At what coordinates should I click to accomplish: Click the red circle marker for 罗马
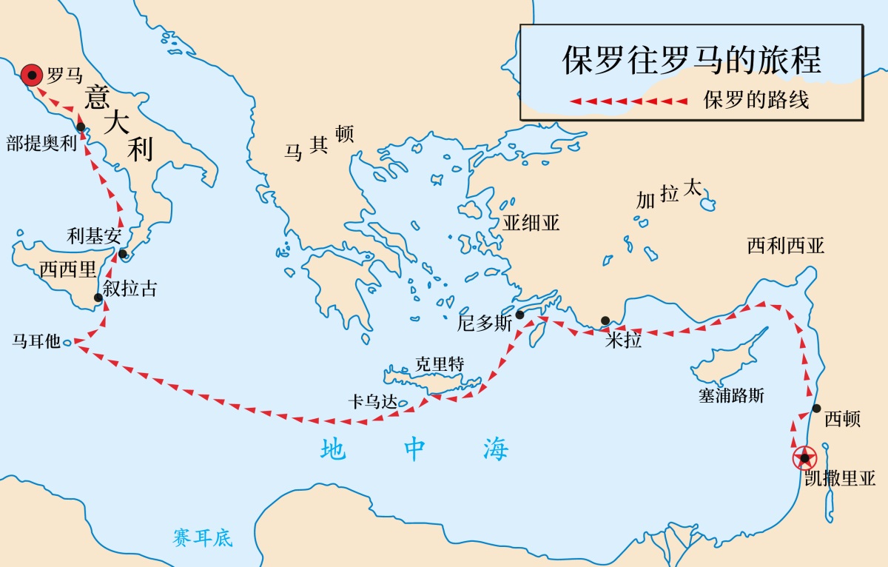(x=31, y=75)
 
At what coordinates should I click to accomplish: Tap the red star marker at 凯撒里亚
(x=804, y=458)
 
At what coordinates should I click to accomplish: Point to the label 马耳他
(x=36, y=342)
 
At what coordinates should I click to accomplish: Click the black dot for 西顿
(x=816, y=408)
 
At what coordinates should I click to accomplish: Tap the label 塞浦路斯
(x=731, y=395)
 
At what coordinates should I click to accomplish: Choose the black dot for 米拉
(x=605, y=321)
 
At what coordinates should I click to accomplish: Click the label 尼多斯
(x=485, y=323)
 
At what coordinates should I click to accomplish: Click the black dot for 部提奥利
(x=81, y=127)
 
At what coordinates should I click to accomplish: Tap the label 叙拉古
(x=129, y=288)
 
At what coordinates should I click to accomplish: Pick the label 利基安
(x=93, y=236)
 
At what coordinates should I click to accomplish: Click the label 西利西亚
(x=785, y=246)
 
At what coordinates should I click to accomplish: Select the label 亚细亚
(x=531, y=223)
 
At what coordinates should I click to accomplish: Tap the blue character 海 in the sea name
(x=496, y=449)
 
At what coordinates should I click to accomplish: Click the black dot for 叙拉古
(x=98, y=298)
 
